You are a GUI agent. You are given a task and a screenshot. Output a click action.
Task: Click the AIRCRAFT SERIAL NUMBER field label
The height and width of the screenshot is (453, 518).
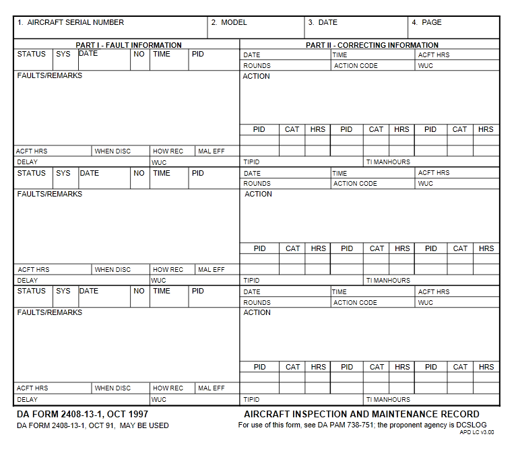click(x=75, y=22)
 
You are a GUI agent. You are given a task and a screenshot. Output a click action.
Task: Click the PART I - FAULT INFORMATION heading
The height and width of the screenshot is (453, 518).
click(x=129, y=45)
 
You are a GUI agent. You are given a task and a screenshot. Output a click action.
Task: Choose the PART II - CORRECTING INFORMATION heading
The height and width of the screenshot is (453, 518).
click(x=372, y=45)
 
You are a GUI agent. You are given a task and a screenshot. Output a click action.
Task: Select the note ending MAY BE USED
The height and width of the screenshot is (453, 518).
click(x=144, y=425)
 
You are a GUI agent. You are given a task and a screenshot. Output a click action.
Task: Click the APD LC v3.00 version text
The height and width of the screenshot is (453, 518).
click(x=476, y=432)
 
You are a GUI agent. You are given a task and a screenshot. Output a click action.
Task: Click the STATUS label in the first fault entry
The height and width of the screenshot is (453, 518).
click(x=32, y=54)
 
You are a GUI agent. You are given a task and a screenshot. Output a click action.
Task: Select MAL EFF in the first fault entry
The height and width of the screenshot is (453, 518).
click(x=212, y=151)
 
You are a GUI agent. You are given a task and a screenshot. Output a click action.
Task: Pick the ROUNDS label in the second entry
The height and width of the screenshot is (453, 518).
click(x=257, y=184)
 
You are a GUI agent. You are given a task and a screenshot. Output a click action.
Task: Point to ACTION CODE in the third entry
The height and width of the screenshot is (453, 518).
click(x=355, y=303)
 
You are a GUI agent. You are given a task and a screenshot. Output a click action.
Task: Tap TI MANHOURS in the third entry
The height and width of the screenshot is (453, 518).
click(x=388, y=399)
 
